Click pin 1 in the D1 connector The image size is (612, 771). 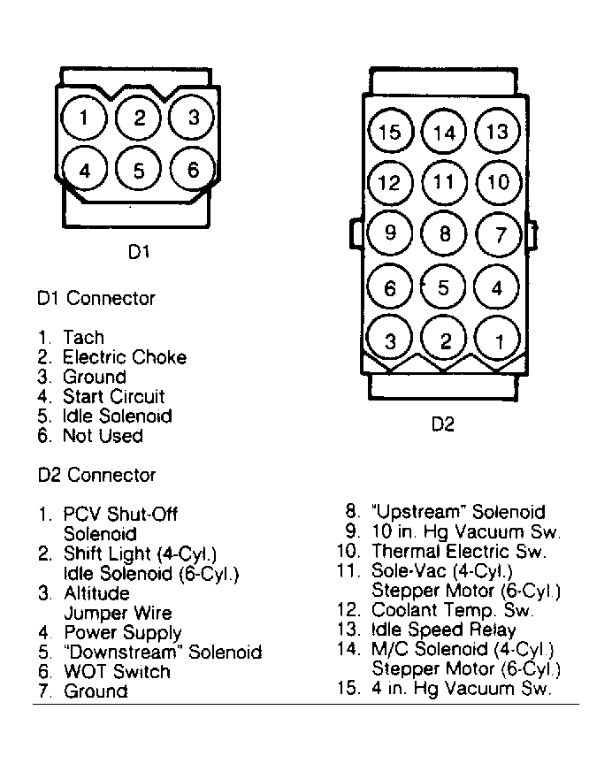tap(84, 118)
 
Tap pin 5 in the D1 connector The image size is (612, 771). tap(139, 171)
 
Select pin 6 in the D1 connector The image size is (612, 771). tap(194, 170)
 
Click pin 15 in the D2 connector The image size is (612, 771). tap(389, 133)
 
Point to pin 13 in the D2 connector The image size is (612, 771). tap(499, 131)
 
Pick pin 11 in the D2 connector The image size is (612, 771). tap(444, 183)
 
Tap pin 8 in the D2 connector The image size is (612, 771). tap(444, 234)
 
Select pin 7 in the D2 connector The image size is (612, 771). tap(500, 235)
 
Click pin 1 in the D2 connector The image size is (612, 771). tap(499, 340)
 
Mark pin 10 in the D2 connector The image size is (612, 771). tap(499, 183)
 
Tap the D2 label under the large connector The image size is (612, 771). tap(442, 425)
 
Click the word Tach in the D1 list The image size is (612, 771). tap(83, 338)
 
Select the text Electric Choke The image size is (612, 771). tap(125, 357)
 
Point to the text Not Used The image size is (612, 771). tap(103, 435)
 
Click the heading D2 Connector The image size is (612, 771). tap(96, 475)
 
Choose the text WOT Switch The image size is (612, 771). tap(117, 671)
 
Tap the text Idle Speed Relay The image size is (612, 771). tap(443, 630)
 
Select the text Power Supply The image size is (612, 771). tap(122, 632)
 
